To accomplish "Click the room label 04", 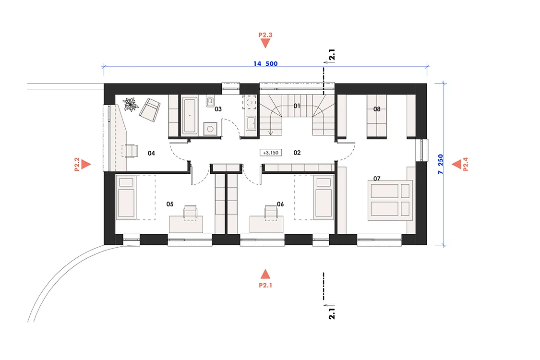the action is (151, 153).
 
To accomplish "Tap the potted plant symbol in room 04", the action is (131, 104).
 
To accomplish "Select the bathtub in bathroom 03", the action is (190, 115).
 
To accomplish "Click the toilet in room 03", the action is (210, 101).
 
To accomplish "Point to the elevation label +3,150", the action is (270, 153).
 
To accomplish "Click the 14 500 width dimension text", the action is (265, 64).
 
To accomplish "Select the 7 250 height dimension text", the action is (441, 164).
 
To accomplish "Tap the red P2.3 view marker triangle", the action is (265, 43).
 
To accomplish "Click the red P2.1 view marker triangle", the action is (265, 274).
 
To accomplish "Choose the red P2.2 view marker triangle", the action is (86, 164).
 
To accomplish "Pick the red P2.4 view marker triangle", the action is (456, 164).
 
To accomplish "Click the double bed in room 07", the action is (390, 200).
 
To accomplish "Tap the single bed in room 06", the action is (324, 197).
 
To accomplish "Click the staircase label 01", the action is (297, 106).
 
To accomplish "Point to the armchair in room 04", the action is (150, 110).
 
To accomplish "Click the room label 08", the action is (377, 109).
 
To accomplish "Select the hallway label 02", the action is (297, 153).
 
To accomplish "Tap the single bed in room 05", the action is (126, 197).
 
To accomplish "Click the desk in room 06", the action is (266, 224).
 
